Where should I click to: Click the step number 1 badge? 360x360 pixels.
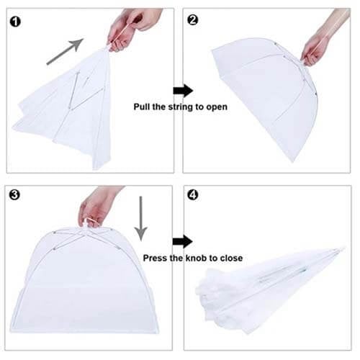pyautogui.click(x=15, y=22)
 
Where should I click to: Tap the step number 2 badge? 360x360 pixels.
pyautogui.click(x=192, y=20)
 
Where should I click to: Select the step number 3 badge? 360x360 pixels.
pyautogui.click(x=14, y=194)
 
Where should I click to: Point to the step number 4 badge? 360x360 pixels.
pyautogui.click(x=192, y=194)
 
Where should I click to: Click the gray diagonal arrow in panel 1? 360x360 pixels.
pyautogui.click(x=65, y=52)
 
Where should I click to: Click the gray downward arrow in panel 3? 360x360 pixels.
pyautogui.click(x=140, y=218)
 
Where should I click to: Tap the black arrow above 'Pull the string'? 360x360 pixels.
pyautogui.click(x=183, y=91)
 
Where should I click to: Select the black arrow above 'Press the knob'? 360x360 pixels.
pyautogui.click(x=183, y=241)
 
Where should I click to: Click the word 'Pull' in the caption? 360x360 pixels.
pyautogui.click(x=142, y=107)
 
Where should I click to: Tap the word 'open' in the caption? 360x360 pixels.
pyautogui.click(x=217, y=107)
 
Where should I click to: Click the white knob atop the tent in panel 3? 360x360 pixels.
pyautogui.click(x=87, y=223)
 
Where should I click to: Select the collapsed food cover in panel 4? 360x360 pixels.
pyautogui.click(x=269, y=287)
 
